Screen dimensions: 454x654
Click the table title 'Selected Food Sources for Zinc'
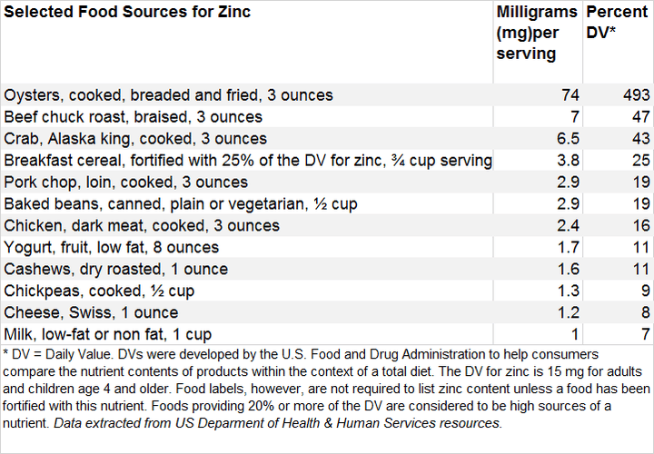coord(127,13)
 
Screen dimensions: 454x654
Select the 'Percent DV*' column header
coord(617,23)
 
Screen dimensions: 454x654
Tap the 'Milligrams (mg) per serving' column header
coord(537,33)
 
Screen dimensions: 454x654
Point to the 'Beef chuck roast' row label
coord(134,116)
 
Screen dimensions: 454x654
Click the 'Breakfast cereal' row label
coord(248,160)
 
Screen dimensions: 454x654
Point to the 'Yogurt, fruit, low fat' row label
coord(113,247)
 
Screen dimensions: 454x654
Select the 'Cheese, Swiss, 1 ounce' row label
coord(92,312)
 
